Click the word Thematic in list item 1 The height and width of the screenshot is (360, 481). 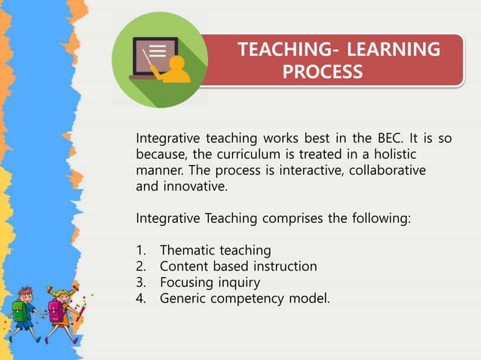(x=187, y=250)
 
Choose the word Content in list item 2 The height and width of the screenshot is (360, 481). (x=184, y=266)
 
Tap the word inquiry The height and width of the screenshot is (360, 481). (x=239, y=282)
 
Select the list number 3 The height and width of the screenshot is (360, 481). (x=140, y=282)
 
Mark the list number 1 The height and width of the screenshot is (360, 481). (x=140, y=250)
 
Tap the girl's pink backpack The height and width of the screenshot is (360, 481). (x=56, y=309)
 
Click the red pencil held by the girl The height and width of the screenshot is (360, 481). (x=78, y=310)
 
